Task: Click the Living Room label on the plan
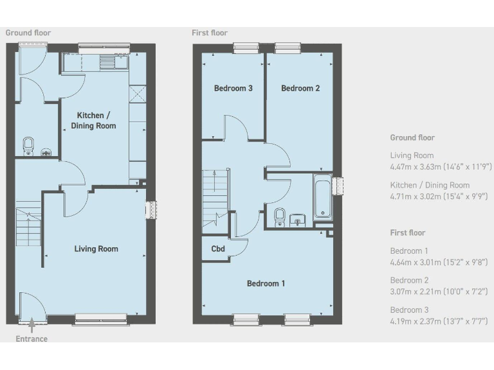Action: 96,249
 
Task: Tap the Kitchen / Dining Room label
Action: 93,120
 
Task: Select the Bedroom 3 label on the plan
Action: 233,89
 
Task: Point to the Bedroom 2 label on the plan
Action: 300,89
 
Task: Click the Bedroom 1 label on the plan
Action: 266,283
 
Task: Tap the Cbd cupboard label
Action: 217,249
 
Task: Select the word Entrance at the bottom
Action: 32,339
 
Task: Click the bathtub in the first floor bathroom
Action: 322,197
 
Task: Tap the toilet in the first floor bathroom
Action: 280,216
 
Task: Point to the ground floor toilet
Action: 28,146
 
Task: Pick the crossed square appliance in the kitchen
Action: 138,94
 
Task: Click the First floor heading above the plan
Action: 210,33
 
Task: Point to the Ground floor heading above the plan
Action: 28,33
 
